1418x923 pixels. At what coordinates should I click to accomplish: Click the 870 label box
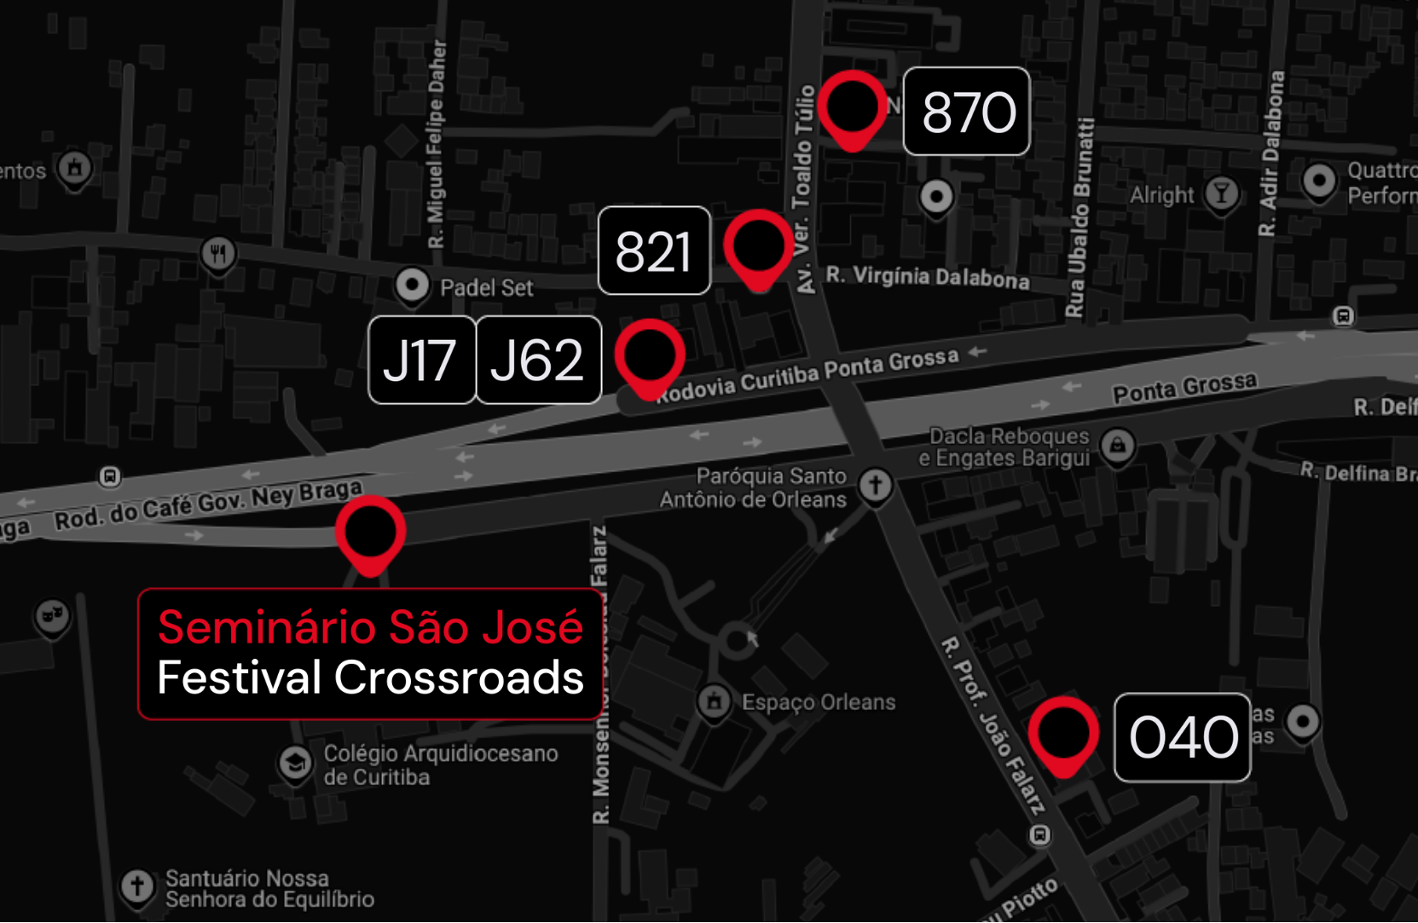(x=966, y=112)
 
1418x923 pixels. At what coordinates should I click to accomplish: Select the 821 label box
(x=654, y=251)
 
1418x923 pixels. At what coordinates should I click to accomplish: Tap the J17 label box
(x=421, y=360)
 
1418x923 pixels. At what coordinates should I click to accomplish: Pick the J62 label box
(x=538, y=360)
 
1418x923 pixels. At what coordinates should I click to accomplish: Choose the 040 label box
(x=1182, y=737)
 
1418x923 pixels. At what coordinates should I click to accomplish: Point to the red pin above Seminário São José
(x=370, y=533)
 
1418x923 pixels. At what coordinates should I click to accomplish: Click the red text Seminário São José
(x=370, y=628)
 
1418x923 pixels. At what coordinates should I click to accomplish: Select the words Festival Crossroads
(x=370, y=678)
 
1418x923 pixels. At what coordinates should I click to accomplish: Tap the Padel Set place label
(x=486, y=288)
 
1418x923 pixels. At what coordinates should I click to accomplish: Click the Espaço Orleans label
(x=818, y=702)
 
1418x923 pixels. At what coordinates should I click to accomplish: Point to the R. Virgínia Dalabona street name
(x=927, y=277)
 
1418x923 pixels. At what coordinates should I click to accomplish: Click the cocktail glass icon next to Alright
(x=1221, y=193)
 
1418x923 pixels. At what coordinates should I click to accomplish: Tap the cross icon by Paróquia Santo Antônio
(x=875, y=486)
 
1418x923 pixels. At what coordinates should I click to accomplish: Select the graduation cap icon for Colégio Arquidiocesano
(x=295, y=761)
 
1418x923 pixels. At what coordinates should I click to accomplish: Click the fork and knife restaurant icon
(x=218, y=252)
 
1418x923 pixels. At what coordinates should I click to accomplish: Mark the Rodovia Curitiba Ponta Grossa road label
(x=807, y=374)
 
